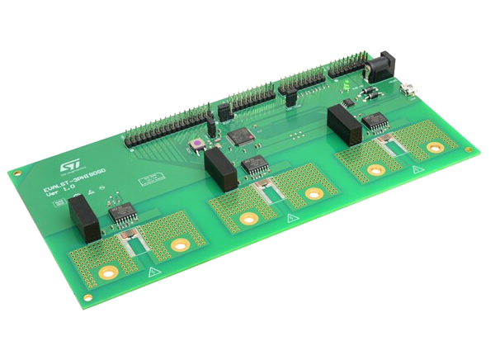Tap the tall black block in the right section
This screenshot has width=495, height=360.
(340, 124)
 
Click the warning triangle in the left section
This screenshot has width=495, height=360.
(151, 272)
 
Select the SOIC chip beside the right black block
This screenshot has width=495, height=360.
(378, 121)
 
